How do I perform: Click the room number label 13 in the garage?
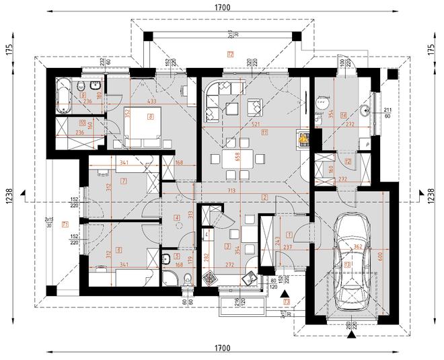tap(347, 265)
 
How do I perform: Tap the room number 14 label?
tap(344, 114)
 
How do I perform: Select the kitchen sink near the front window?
tap(249, 281)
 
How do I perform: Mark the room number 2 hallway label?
tap(265, 197)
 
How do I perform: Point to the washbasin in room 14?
tap(367, 112)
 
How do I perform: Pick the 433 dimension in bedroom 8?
tap(151, 101)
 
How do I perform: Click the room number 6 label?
tap(119, 250)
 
